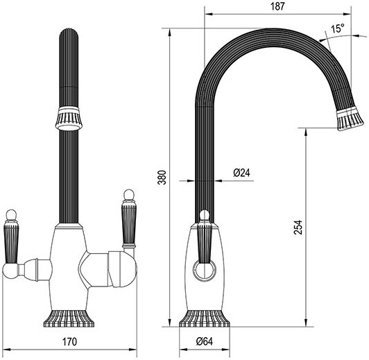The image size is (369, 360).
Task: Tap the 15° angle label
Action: (338, 29)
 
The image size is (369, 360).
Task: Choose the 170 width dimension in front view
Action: (67, 341)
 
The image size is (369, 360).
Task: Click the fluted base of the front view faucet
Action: (67, 315)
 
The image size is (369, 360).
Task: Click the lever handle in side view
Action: (205, 239)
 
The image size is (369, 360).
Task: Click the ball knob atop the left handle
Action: (11, 213)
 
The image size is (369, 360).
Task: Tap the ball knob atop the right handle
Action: (128, 194)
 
